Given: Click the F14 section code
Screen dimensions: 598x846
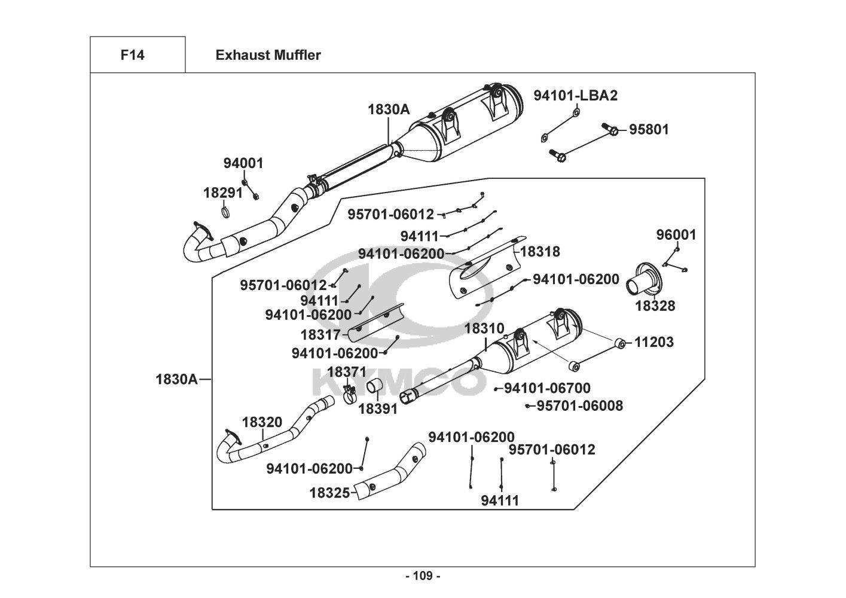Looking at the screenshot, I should (132, 56).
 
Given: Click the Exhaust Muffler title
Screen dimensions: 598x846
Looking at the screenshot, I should (268, 56).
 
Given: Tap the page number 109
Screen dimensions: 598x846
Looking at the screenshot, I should (423, 576).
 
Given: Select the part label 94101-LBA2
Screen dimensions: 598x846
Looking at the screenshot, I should (575, 96).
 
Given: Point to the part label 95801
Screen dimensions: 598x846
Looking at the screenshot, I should (649, 130).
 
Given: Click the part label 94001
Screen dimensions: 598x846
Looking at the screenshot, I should (243, 163).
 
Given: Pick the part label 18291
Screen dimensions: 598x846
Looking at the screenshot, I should (223, 193).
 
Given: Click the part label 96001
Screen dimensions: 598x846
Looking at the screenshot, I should (676, 235).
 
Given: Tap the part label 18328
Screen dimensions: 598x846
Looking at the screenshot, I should (655, 306).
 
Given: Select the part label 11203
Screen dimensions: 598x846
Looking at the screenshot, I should (653, 342).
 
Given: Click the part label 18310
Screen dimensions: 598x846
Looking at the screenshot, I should (484, 328).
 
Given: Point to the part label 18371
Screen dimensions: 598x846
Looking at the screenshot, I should (347, 372).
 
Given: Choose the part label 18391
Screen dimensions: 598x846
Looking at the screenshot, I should (378, 410).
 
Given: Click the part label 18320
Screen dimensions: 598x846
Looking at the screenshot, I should (262, 422).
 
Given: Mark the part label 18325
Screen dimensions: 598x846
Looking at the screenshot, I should (329, 493).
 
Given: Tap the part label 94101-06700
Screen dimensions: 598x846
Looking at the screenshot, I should (547, 389).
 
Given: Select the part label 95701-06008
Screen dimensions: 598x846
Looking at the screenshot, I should (579, 406).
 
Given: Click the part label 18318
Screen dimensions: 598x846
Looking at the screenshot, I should (540, 252).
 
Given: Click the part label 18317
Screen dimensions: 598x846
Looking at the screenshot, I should (320, 335).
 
